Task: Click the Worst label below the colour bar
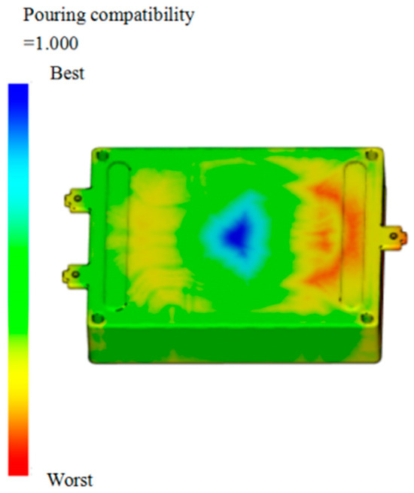(72, 479)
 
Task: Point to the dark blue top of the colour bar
(18, 98)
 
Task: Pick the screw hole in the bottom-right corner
(367, 321)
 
